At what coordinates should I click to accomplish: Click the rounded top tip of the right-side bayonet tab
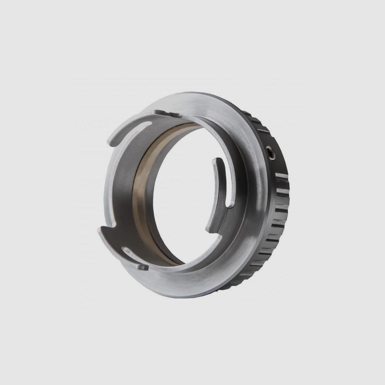pos(217,161)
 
